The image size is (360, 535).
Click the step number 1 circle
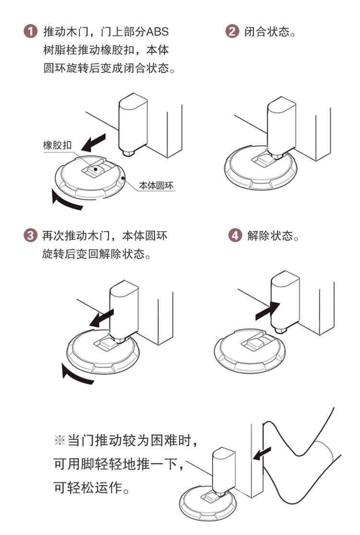[x=30, y=33]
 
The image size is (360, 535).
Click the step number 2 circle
[x=232, y=33]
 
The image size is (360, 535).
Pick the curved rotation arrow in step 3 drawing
[x=77, y=374]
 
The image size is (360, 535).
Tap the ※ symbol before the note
[x=60, y=440]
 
